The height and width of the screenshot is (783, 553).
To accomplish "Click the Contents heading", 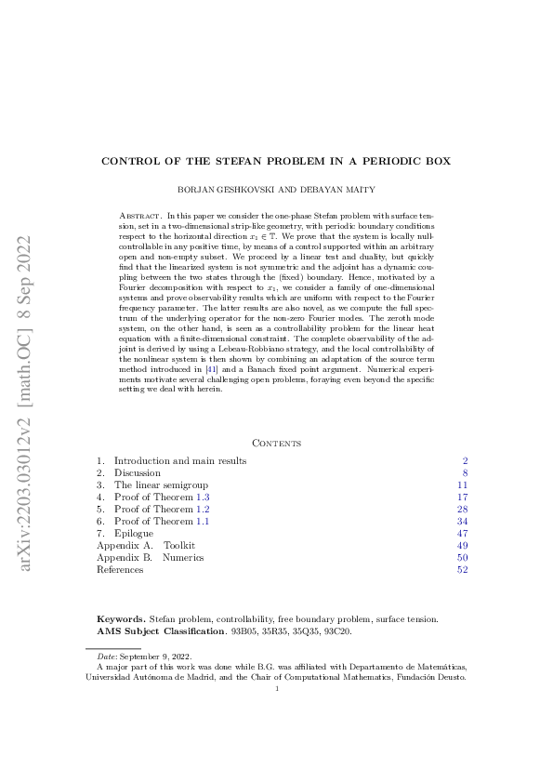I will coord(276,444).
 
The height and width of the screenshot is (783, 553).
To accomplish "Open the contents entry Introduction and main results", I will coord(180,460).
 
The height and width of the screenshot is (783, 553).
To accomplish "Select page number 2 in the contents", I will coord(465,460).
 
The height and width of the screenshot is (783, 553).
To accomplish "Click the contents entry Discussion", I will coord(138,472).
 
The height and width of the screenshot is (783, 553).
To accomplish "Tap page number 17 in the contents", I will coord(462,497).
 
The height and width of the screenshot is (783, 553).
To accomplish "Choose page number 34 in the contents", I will coord(462,521).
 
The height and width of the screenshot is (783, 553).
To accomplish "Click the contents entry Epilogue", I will coord(136,533).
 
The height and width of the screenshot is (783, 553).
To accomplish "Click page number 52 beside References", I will coord(462,569).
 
